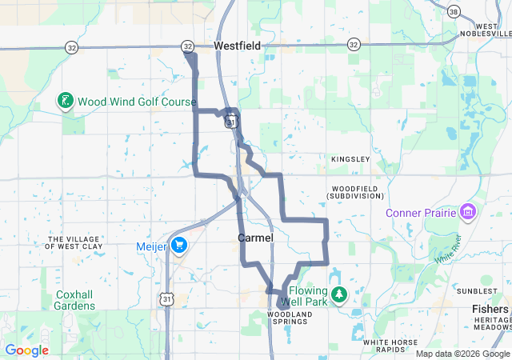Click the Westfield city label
click(237, 46)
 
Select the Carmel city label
click(255, 238)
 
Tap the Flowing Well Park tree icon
click(339, 295)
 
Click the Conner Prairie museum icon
click(468, 212)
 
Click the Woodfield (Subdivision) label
click(356, 192)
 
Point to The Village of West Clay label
click(75, 242)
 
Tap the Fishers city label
click(489, 309)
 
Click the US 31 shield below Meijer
click(166, 298)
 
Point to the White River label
click(448, 250)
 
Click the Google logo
click(26, 350)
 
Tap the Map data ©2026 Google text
click(462, 354)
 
